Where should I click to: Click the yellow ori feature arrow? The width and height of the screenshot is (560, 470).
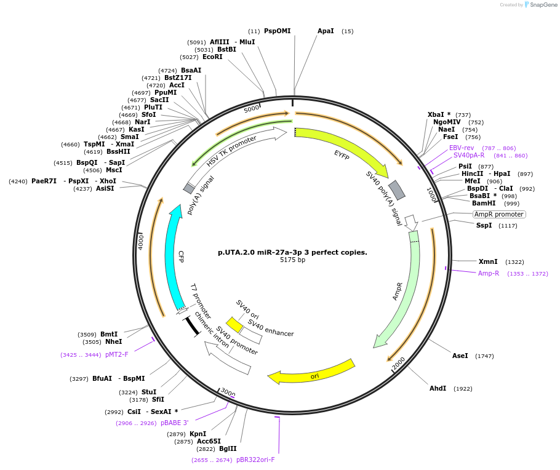click(314, 371)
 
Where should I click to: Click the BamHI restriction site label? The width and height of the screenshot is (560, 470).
click(483, 204)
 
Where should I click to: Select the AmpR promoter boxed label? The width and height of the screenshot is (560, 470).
click(499, 215)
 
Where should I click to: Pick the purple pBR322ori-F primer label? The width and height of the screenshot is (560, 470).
click(255, 460)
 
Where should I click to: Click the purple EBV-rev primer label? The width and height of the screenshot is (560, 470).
click(462, 148)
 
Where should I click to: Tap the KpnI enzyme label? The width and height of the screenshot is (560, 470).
click(198, 434)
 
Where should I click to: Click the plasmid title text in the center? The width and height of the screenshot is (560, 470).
click(292, 252)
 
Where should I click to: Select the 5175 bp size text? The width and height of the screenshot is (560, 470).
click(292, 260)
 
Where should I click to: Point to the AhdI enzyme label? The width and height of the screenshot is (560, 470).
click(438, 389)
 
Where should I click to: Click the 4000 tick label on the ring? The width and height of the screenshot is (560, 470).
click(141, 241)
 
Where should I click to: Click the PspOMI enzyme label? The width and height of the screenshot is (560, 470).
click(277, 31)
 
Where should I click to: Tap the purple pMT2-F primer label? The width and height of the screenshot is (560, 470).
click(117, 354)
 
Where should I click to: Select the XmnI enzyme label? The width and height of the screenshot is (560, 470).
click(488, 262)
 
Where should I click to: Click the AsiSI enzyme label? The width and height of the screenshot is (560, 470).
click(105, 189)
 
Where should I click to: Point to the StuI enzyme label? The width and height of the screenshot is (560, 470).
click(149, 392)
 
